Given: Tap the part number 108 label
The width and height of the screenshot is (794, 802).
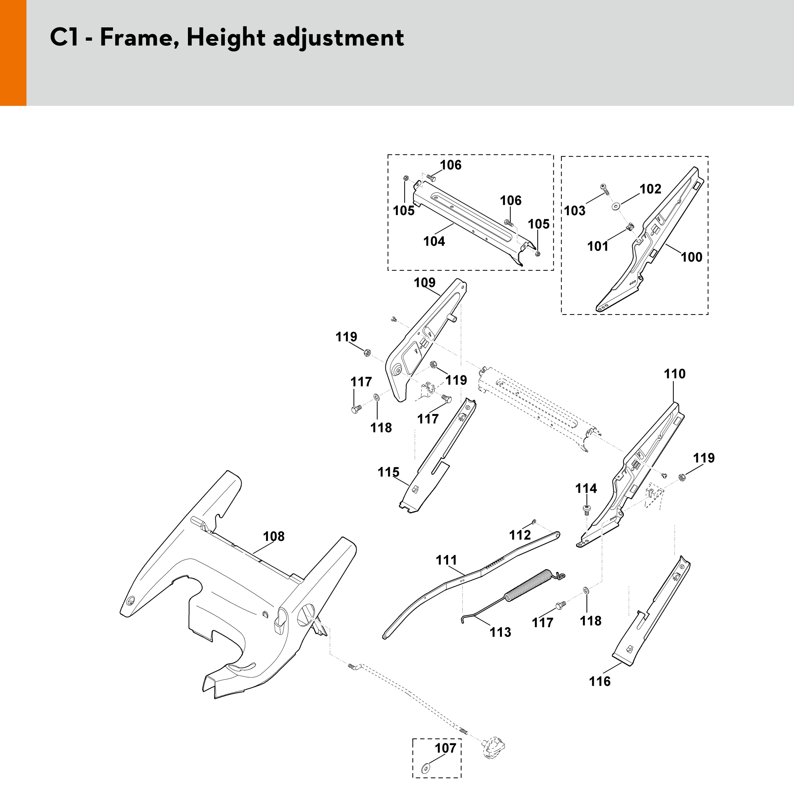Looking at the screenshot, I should (274, 536).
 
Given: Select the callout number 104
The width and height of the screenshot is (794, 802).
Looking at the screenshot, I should (434, 241).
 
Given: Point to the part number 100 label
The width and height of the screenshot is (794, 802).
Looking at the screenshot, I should (691, 257).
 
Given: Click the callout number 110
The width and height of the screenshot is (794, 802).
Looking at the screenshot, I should (674, 374).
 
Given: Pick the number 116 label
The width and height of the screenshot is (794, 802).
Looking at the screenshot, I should (600, 681).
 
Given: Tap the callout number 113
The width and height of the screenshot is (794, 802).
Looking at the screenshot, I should (500, 632).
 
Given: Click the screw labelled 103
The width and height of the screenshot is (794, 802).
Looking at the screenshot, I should (604, 190).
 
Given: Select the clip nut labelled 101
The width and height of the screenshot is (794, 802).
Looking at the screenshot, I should (630, 227).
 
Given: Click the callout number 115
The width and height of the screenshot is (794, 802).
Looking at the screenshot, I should (388, 472).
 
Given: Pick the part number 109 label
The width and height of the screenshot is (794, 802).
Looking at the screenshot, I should (424, 283).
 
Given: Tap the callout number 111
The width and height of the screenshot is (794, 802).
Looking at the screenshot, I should (446, 560).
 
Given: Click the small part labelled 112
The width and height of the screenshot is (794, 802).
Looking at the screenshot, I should (534, 521).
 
